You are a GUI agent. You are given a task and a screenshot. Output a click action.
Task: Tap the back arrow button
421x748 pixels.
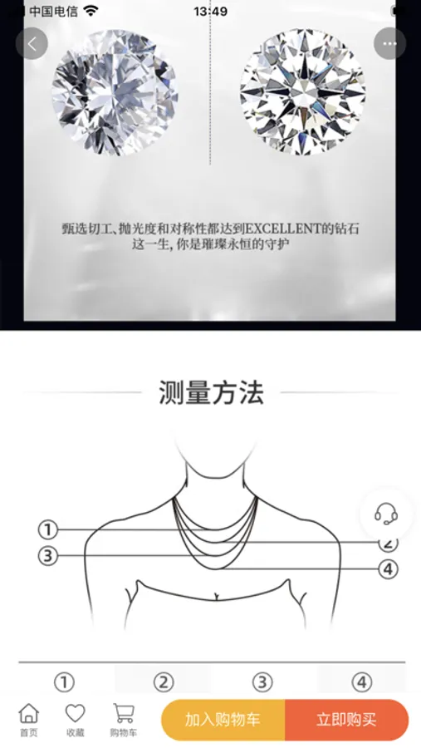pyautogui.click(x=32, y=44)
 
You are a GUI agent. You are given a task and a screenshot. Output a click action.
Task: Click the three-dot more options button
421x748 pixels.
pyautogui.click(x=389, y=44)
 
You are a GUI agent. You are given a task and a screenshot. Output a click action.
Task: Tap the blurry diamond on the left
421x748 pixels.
pyautogui.click(x=115, y=92)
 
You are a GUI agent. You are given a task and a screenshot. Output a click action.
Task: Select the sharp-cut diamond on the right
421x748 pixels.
pyautogui.click(x=303, y=92)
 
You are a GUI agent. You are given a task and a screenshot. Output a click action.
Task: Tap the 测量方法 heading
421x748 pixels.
pyautogui.click(x=211, y=392)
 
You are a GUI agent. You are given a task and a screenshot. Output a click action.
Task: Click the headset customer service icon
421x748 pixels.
pyautogui.click(x=386, y=514)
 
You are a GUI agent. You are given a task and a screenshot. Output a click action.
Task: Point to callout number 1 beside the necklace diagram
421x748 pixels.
pyautogui.click(x=47, y=529)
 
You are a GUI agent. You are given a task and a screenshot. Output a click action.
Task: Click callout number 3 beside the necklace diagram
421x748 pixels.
pyautogui.click(x=47, y=556)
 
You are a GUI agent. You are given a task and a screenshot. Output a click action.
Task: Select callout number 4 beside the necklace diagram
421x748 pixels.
pyautogui.click(x=388, y=569)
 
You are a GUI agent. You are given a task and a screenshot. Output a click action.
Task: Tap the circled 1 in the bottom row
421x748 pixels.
pyautogui.click(x=64, y=682)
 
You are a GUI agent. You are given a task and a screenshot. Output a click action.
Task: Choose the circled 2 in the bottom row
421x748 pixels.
pyautogui.click(x=164, y=682)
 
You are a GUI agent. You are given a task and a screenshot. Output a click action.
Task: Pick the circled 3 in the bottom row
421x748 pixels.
pyautogui.click(x=262, y=682)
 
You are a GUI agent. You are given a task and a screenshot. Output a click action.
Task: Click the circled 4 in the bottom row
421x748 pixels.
pyautogui.click(x=362, y=682)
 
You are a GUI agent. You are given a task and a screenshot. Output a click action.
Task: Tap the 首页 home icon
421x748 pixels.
pyautogui.click(x=28, y=714)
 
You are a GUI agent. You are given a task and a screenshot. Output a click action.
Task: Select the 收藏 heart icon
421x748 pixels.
pyautogui.click(x=75, y=714)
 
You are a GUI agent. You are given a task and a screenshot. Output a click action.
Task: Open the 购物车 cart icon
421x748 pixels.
pyautogui.click(x=124, y=714)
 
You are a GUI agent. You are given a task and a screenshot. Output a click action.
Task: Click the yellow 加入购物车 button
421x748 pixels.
pyautogui.click(x=223, y=720)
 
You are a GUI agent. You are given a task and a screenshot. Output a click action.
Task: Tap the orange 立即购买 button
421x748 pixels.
pyautogui.click(x=346, y=720)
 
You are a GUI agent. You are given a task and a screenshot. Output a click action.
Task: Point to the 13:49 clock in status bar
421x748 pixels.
pyautogui.click(x=210, y=12)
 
